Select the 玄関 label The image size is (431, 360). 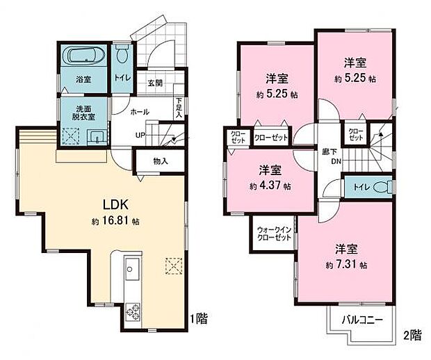155,83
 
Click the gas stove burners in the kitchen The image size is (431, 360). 132,311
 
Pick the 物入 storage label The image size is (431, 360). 159,161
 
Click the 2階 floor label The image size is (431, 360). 412,334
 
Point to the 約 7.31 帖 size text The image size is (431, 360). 344,265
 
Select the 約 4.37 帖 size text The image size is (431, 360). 267,186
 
